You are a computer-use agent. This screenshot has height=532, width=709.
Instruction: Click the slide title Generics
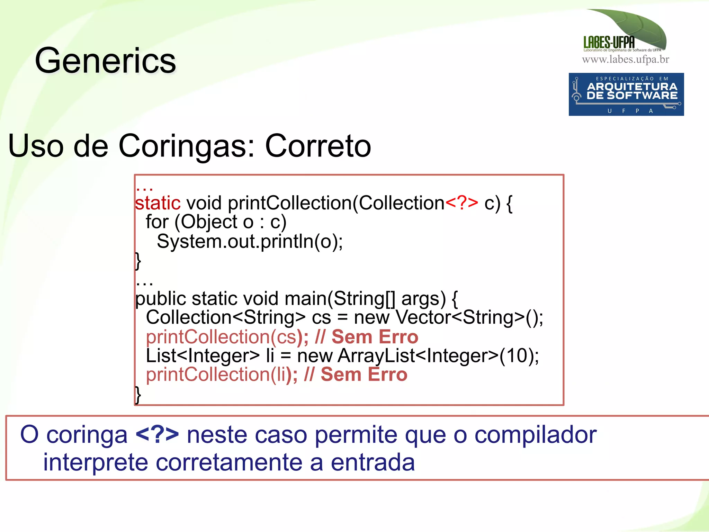pyautogui.click(x=106, y=61)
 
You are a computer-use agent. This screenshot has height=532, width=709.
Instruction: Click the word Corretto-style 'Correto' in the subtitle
pyautogui.click(x=318, y=146)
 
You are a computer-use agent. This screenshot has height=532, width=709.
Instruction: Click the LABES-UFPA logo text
pyautogui.click(x=609, y=43)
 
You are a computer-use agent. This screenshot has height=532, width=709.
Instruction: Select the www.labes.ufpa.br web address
pyautogui.click(x=625, y=60)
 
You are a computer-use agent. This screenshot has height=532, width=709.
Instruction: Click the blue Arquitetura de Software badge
pyautogui.click(x=626, y=94)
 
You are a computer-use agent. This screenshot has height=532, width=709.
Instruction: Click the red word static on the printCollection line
pyautogui.click(x=158, y=203)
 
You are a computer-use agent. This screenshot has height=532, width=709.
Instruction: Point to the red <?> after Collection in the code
pyautogui.click(x=461, y=202)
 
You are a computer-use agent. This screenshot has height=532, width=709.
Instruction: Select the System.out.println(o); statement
pyautogui.click(x=250, y=241)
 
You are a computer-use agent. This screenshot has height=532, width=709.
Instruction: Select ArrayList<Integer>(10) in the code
pyautogui.click(x=438, y=355)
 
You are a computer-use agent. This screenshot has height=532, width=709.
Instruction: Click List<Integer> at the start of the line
pyautogui.click(x=203, y=355)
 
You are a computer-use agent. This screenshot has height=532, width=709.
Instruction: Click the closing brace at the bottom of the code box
pyautogui.click(x=138, y=395)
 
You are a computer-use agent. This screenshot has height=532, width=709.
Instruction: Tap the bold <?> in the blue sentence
pyautogui.click(x=157, y=435)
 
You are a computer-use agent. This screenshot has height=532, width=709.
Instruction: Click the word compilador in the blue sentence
pyautogui.click(x=535, y=435)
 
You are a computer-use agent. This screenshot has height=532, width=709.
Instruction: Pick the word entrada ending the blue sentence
pyautogui.click(x=373, y=462)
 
